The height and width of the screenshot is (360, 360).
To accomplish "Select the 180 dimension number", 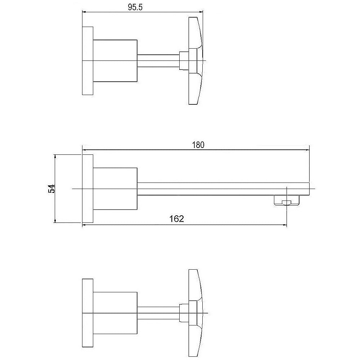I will click(198, 145).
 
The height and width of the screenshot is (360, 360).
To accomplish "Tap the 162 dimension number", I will click(176, 219).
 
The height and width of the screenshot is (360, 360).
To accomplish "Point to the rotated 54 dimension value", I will click(51, 188).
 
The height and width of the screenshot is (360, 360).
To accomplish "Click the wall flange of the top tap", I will click(88, 61).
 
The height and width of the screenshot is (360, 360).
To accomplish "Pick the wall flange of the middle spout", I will click(88, 189).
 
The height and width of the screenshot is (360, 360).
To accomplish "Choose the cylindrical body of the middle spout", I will click(115, 189).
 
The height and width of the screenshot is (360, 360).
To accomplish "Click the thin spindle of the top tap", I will click(158, 60).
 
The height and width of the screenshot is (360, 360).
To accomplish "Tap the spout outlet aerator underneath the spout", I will click(287, 201).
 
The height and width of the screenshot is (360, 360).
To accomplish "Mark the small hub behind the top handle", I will click(184, 60).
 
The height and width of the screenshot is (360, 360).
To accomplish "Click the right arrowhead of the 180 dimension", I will click(307, 150).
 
